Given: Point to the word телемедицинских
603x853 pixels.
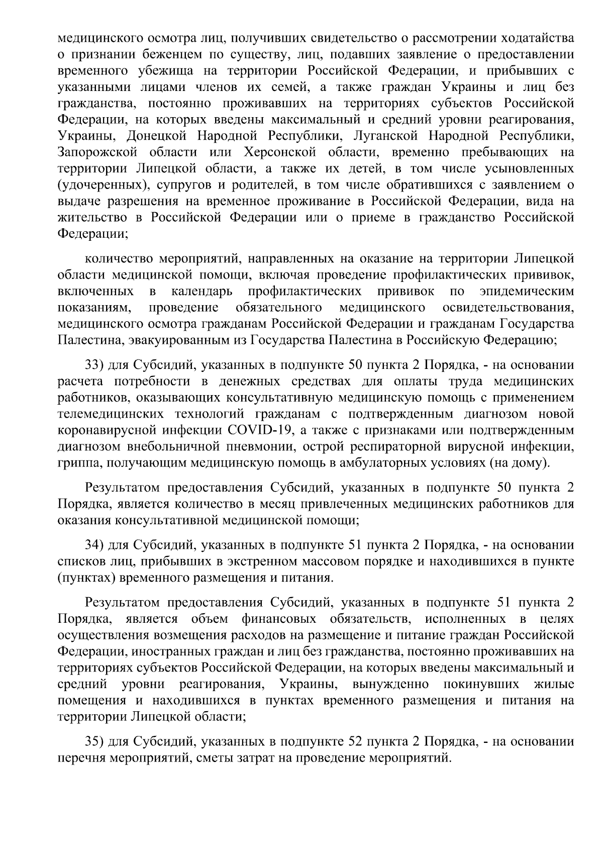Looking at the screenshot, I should click(108, 414).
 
